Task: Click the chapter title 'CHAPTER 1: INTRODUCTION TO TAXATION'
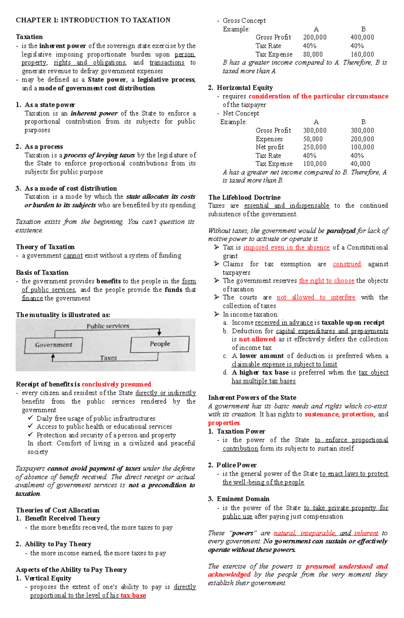pos(93,20)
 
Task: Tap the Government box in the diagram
pos(54,345)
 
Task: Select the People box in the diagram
pos(160,344)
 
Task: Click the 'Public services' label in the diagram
pos(108,326)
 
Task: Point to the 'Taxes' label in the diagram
pos(108,358)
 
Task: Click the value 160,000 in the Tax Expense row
pos(362,54)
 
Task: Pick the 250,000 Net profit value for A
pos(314,147)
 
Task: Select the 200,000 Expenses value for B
pos(362,139)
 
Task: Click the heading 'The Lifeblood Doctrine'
pos(244,197)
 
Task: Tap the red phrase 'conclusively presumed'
pos(116,384)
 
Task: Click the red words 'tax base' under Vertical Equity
pos(133,595)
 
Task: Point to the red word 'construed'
pos(347,264)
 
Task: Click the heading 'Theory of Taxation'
pos(45,247)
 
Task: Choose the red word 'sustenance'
pos(321,414)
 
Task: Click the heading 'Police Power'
pos(236,465)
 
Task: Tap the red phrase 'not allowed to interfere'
pos(316,297)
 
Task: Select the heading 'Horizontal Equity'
pos(244,88)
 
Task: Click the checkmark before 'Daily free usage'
pos(31,418)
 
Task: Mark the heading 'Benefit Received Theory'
pos(62,518)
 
